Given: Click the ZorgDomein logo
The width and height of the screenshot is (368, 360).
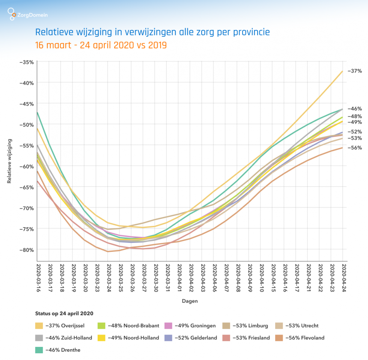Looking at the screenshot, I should [28, 15].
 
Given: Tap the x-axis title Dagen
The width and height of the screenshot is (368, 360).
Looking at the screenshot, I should [190, 301].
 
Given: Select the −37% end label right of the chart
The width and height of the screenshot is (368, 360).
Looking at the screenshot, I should [354, 71].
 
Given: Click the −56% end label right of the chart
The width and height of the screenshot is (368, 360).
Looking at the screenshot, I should [354, 148].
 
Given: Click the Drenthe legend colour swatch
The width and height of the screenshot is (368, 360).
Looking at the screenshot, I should [39, 350].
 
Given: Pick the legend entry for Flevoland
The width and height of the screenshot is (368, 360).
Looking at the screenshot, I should [305, 338].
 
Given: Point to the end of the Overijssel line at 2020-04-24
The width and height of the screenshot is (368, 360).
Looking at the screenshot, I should [342, 71].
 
